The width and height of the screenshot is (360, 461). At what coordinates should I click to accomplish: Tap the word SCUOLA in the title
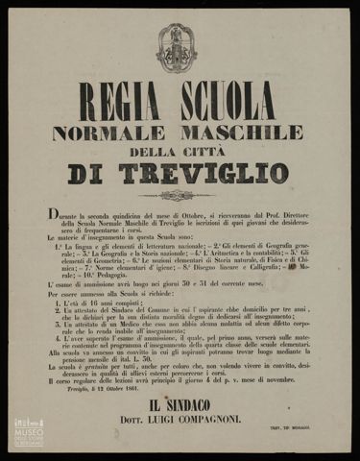(228, 101)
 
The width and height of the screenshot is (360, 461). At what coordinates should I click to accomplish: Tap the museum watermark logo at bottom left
(29, 433)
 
